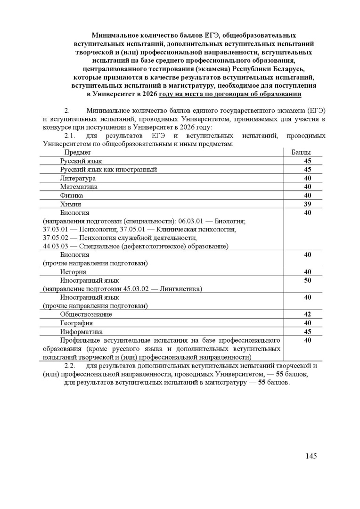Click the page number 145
[311, 456]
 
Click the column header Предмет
[78, 152]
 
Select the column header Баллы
[301, 152]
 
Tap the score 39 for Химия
[308, 204]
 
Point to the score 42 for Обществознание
[308, 314]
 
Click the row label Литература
[78, 178]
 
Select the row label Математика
[79, 187]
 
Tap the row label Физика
[72, 195]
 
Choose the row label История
[73, 272]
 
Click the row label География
[76, 323]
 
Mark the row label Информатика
[81, 332]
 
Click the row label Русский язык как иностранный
[108, 170]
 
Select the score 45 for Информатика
[308, 332]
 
